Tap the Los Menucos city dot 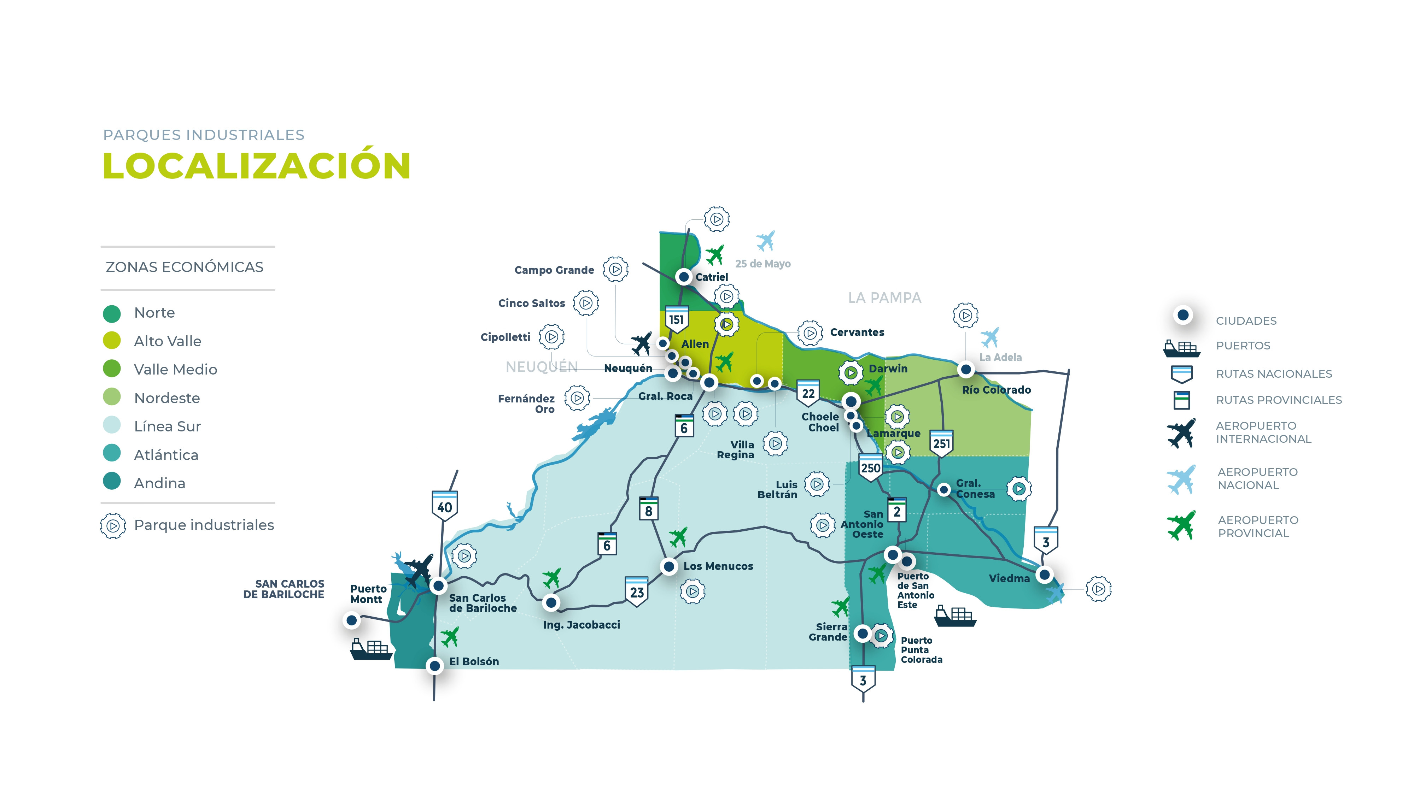[668, 566]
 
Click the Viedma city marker [1044, 575]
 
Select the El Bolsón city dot [435, 666]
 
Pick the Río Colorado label [996, 390]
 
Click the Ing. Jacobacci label [581, 625]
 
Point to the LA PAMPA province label [884, 298]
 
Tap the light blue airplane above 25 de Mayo [765, 240]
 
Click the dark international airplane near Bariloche [419, 570]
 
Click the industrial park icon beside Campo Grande [615, 269]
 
